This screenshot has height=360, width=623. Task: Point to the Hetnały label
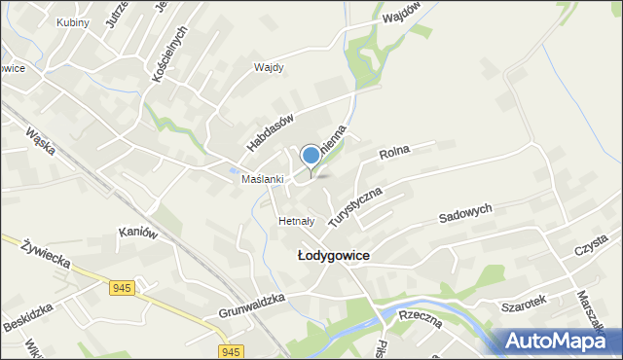[x=295, y=221]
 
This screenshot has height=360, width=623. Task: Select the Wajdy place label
[x=268, y=68]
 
